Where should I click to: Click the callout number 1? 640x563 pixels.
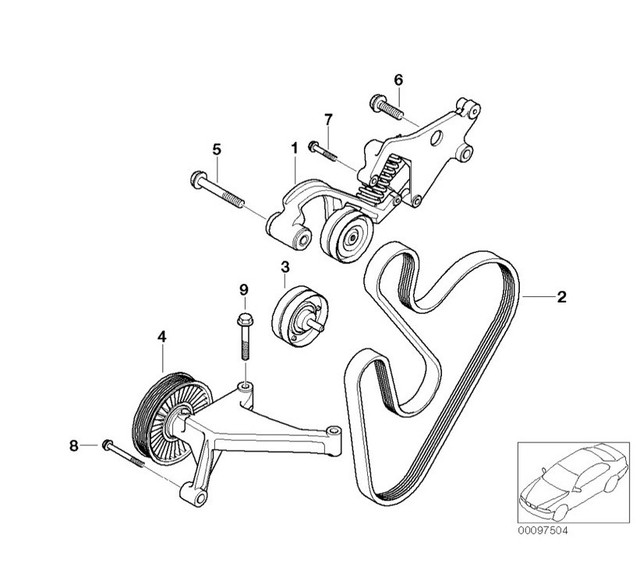pos(295,149)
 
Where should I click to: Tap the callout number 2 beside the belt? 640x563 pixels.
pos(561,296)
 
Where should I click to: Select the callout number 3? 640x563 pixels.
pos(285,267)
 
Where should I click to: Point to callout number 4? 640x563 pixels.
pos(162,339)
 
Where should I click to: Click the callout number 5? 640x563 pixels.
pos(215,149)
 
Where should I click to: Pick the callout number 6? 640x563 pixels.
pos(397,79)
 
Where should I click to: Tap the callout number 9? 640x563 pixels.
pos(242,291)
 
